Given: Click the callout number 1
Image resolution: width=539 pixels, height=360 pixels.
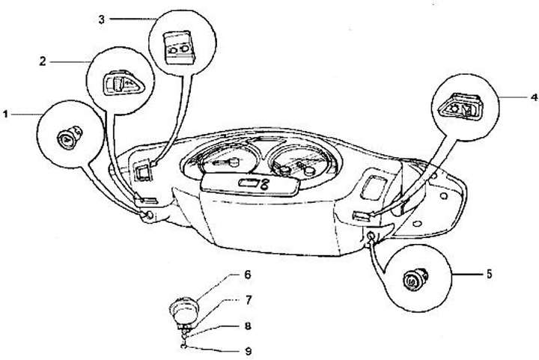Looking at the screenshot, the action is pos(5,115).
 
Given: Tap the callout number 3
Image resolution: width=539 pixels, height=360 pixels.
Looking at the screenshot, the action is pos(101,18).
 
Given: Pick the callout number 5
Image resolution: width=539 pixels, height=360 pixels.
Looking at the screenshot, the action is pos(488,275).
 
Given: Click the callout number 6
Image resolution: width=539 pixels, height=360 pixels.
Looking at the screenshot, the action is pos(246,275).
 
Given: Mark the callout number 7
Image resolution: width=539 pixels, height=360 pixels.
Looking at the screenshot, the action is pos(246,301).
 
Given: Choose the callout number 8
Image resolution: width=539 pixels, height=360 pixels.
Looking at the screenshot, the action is pos(246,326).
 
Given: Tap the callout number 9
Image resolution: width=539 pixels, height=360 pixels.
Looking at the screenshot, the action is pos(246,350).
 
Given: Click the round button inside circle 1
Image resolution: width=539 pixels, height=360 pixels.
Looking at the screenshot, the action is pos(67,138).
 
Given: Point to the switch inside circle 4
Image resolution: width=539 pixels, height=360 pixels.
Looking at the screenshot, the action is pos(460,111).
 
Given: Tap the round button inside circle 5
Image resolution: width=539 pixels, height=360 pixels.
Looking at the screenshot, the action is pos(411,281).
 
